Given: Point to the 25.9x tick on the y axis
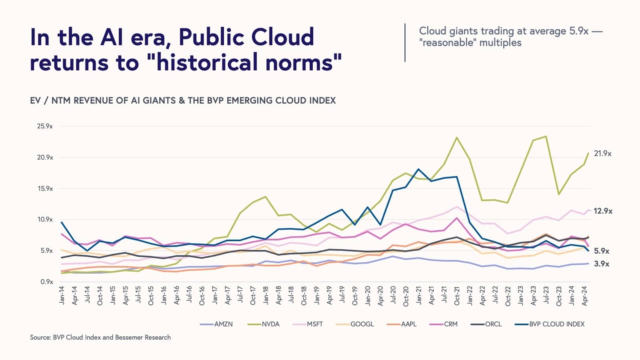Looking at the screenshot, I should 45,126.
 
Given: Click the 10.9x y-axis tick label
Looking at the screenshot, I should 45,220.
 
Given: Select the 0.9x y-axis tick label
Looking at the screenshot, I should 46,282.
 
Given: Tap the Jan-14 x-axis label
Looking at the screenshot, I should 62,295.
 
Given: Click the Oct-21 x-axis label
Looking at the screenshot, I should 457,296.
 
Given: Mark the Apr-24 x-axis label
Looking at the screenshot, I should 584,296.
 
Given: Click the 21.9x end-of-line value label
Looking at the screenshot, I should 602,154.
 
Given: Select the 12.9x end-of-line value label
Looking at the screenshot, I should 603,211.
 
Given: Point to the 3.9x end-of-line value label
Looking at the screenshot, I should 602,264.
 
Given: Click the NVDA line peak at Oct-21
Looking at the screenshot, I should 457,138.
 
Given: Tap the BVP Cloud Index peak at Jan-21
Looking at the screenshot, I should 418,169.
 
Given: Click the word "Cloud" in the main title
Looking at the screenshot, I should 282,37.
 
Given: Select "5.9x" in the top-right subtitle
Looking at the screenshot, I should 579,31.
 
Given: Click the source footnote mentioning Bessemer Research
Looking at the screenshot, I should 100,337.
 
